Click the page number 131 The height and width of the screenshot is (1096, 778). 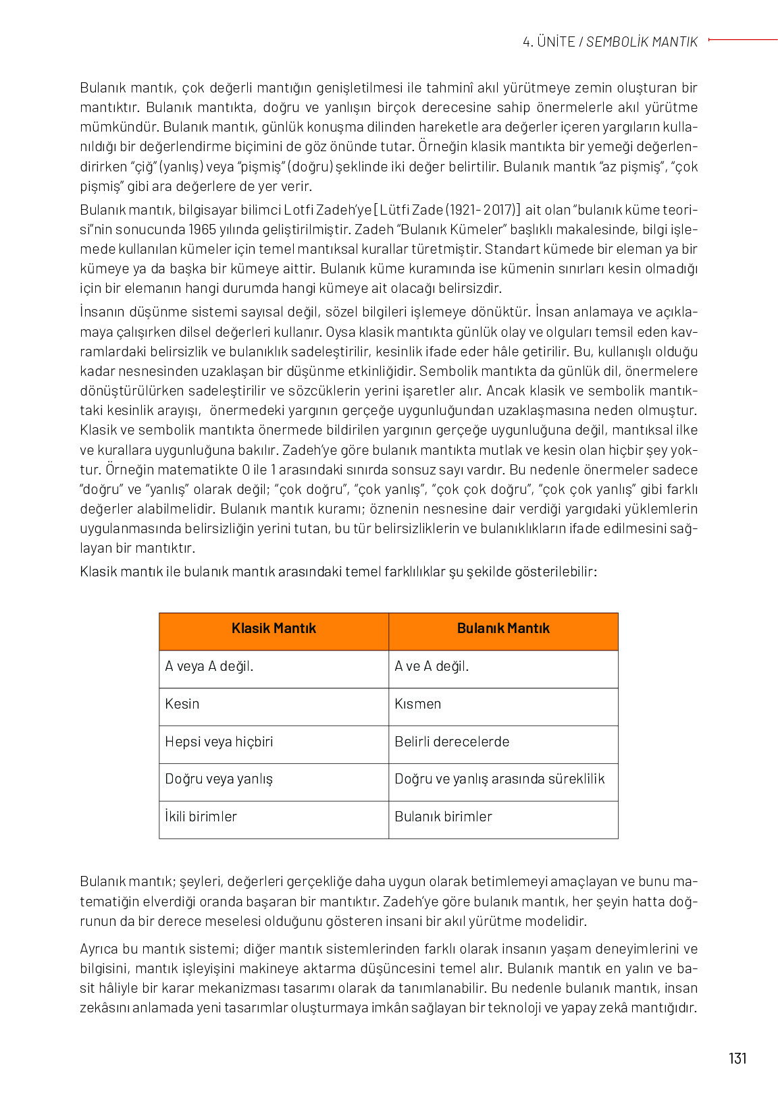[737, 1058]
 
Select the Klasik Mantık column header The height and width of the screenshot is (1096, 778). [274, 628]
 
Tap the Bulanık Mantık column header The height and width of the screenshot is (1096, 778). [503, 628]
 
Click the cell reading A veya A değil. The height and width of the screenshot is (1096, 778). [209, 666]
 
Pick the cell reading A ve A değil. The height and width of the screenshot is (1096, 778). [432, 666]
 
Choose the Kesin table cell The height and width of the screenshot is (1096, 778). [182, 704]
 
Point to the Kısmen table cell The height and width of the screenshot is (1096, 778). [417, 704]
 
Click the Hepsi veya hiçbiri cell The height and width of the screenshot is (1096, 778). [219, 742]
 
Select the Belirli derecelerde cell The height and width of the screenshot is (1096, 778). [452, 742]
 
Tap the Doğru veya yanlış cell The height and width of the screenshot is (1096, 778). [219, 779]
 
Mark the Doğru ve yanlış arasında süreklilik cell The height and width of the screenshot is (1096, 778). [500, 779]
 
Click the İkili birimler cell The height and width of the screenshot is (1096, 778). [201, 817]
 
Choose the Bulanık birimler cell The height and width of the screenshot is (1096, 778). [443, 817]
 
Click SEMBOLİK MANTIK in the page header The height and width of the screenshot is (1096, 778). [642, 42]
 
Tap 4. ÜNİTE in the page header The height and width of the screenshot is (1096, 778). [548, 42]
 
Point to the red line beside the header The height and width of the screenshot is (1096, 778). [743, 40]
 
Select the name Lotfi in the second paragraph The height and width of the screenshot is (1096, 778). [298, 210]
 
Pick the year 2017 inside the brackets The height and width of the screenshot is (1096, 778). [499, 210]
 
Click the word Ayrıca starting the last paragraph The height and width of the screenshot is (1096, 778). [100, 949]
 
